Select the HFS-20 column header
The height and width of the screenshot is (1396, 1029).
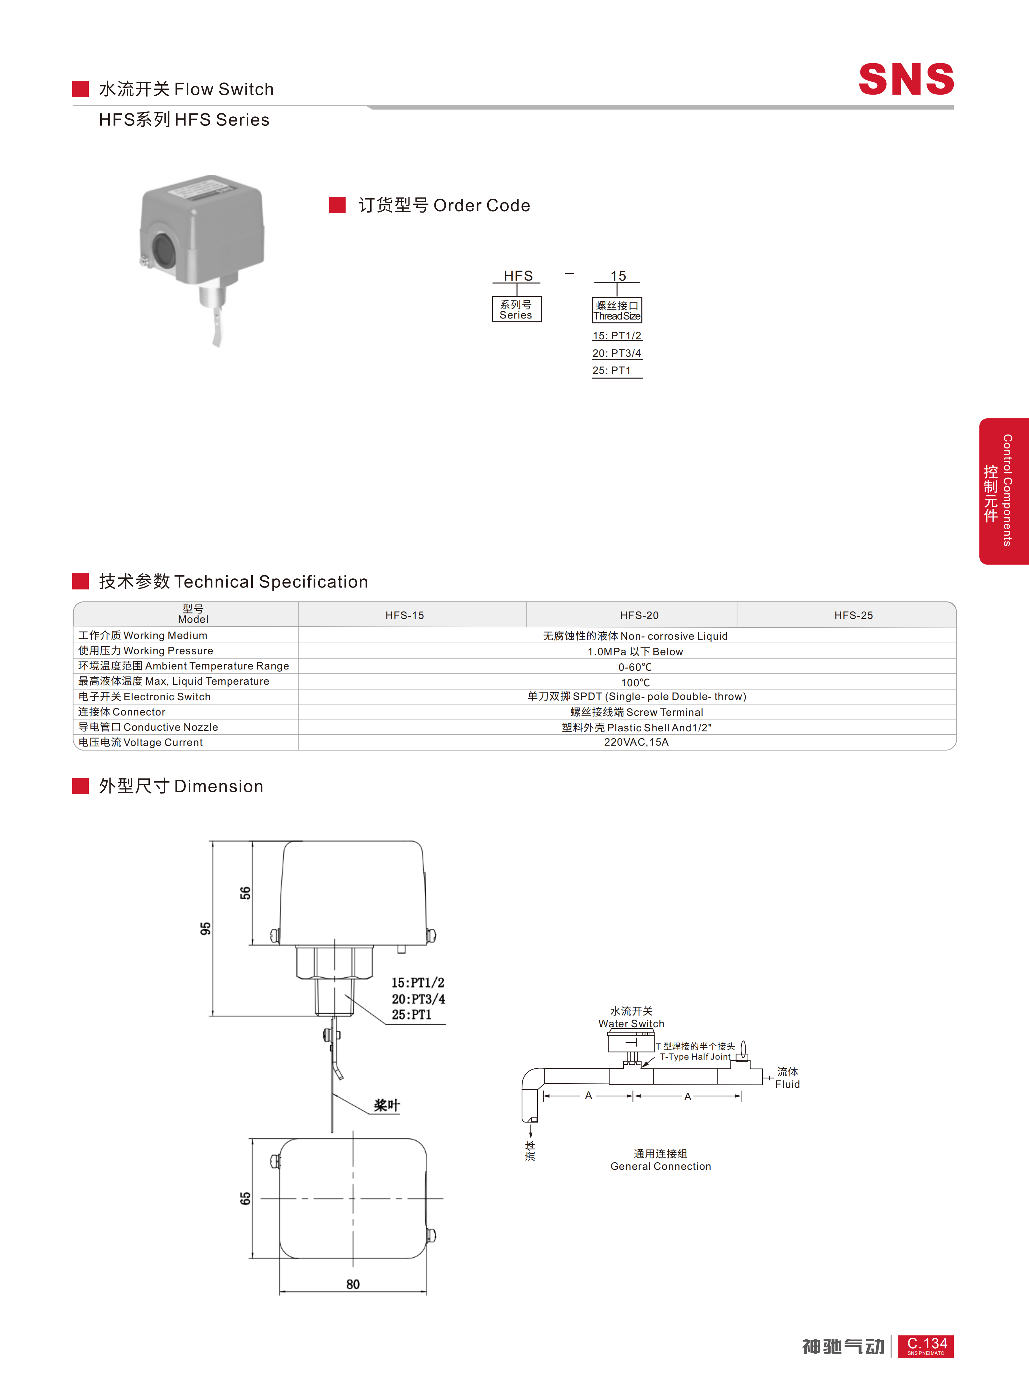(639, 615)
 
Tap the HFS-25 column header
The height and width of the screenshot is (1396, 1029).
(853, 615)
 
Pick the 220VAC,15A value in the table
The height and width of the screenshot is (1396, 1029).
(636, 742)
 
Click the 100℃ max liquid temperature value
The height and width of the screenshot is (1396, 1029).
(635, 682)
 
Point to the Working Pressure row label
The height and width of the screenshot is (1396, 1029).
(146, 651)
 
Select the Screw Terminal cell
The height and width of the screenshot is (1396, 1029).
(637, 712)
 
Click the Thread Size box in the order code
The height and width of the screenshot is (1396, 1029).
(617, 310)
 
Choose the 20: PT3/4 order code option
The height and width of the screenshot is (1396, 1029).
(617, 353)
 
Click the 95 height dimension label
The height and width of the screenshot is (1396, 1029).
(206, 928)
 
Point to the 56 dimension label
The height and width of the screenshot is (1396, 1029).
(245, 893)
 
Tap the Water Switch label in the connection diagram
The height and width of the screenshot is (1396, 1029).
(631, 1024)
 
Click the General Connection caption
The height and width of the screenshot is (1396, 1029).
(661, 1166)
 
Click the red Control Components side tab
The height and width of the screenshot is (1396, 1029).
(1003, 491)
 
